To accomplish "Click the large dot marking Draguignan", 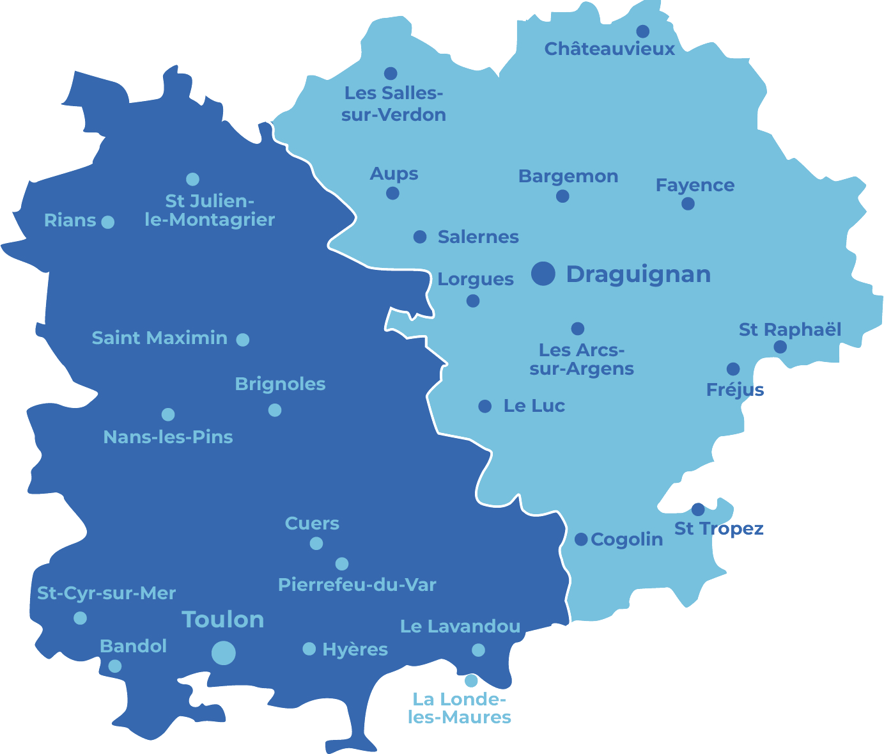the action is pyautogui.click(x=543, y=273).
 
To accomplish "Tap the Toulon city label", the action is pyautogui.click(x=223, y=619).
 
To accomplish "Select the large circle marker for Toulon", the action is pyautogui.click(x=224, y=653).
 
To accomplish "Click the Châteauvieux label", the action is pyautogui.click(x=609, y=49).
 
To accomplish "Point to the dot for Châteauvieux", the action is pyautogui.click(x=643, y=31).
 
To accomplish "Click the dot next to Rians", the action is pyautogui.click(x=108, y=222).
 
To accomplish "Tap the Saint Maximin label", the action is pyautogui.click(x=159, y=338).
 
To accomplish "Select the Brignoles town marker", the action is pyautogui.click(x=275, y=410).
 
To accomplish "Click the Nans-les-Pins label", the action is pyautogui.click(x=168, y=437).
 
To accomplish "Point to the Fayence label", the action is pyautogui.click(x=695, y=185).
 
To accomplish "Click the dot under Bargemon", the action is pyautogui.click(x=562, y=196).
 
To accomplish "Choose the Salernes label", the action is pyautogui.click(x=478, y=237).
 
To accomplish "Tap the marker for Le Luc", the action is pyautogui.click(x=485, y=406).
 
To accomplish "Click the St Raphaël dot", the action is pyautogui.click(x=780, y=347).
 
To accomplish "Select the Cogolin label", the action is pyautogui.click(x=626, y=540).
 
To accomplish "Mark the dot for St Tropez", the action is pyautogui.click(x=698, y=510).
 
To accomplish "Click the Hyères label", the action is pyautogui.click(x=355, y=649).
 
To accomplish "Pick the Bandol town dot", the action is pyautogui.click(x=115, y=666).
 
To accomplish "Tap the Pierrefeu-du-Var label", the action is pyautogui.click(x=357, y=585).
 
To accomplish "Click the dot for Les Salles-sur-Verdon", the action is pyautogui.click(x=391, y=74).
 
